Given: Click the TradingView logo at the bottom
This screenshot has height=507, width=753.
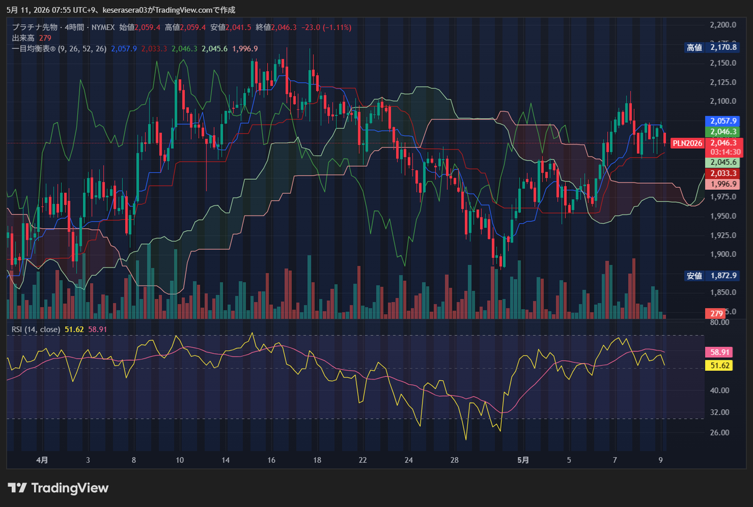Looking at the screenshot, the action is pyautogui.click(x=58, y=488).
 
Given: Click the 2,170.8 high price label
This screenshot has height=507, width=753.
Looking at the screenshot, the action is pyautogui.click(x=724, y=48).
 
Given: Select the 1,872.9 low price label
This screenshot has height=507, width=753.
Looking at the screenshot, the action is pyautogui.click(x=724, y=276).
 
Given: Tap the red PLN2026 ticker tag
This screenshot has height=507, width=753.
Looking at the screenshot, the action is pyautogui.click(x=687, y=143).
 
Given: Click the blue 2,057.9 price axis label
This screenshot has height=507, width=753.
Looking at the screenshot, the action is pyautogui.click(x=723, y=121).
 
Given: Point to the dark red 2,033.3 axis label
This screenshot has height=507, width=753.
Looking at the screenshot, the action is pyautogui.click(x=723, y=173).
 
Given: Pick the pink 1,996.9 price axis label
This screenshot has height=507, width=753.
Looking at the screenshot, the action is pyautogui.click(x=723, y=184).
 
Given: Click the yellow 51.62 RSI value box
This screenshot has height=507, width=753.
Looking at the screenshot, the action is pyautogui.click(x=719, y=365).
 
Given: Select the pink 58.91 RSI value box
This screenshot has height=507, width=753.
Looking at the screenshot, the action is pyautogui.click(x=719, y=352).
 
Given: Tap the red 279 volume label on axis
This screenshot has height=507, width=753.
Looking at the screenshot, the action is pyautogui.click(x=715, y=314).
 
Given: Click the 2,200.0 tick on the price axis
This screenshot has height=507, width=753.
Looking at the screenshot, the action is pyautogui.click(x=723, y=25).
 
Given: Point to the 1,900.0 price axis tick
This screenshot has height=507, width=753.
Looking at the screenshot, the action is pyautogui.click(x=723, y=254).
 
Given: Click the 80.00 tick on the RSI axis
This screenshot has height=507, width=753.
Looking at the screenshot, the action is pyautogui.click(x=719, y=323).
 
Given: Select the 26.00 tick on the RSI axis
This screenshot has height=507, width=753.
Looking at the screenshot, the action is pyautogui.click(x=719, y=432).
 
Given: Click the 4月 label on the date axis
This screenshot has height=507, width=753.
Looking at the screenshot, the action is pyautogui.click(x=42, y=460).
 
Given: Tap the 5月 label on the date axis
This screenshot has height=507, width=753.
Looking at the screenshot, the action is pyautogui.click(x=523, y=460).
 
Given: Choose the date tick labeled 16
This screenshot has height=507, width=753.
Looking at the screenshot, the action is pyautogui.click(x=271, y=460).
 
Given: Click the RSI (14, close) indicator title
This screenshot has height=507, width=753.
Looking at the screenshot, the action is pyautogui.click(x=36, y=330).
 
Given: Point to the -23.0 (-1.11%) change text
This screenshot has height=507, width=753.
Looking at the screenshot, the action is pyautogui.click(x=326, y=27).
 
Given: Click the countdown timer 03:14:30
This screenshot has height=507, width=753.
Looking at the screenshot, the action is pyautogui.click(x=725, y=152).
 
